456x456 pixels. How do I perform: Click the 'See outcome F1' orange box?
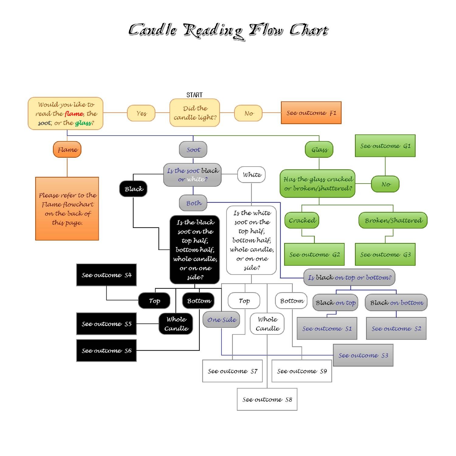click(311, 113)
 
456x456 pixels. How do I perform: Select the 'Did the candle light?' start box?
click(195, 113)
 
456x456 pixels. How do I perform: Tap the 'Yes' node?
click(141, 113)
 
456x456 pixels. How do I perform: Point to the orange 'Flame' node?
click(67, 149)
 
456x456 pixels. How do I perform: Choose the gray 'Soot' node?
click(193, 149)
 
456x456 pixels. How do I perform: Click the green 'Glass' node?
click(319, 149)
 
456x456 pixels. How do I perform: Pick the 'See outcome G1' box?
click(385, 146)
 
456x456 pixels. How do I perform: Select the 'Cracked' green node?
click(302, 220)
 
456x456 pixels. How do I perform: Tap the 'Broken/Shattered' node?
click(393, 220)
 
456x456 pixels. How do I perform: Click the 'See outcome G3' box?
click(385, 254)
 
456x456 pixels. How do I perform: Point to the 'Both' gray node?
click(193, 203)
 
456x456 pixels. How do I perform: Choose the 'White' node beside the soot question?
click(251, 174)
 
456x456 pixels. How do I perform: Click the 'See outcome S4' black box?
click(106, 275)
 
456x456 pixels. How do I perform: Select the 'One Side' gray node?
click(221, 320)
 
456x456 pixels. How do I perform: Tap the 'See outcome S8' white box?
click(267, 399)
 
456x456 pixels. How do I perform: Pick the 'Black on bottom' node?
click(396, 302)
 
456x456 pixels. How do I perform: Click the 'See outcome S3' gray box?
click(363, 355)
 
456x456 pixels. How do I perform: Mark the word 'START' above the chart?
click(195, 95)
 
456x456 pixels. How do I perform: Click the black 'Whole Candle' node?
click(176, 324)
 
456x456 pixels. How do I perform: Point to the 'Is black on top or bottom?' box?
click(349, 277)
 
